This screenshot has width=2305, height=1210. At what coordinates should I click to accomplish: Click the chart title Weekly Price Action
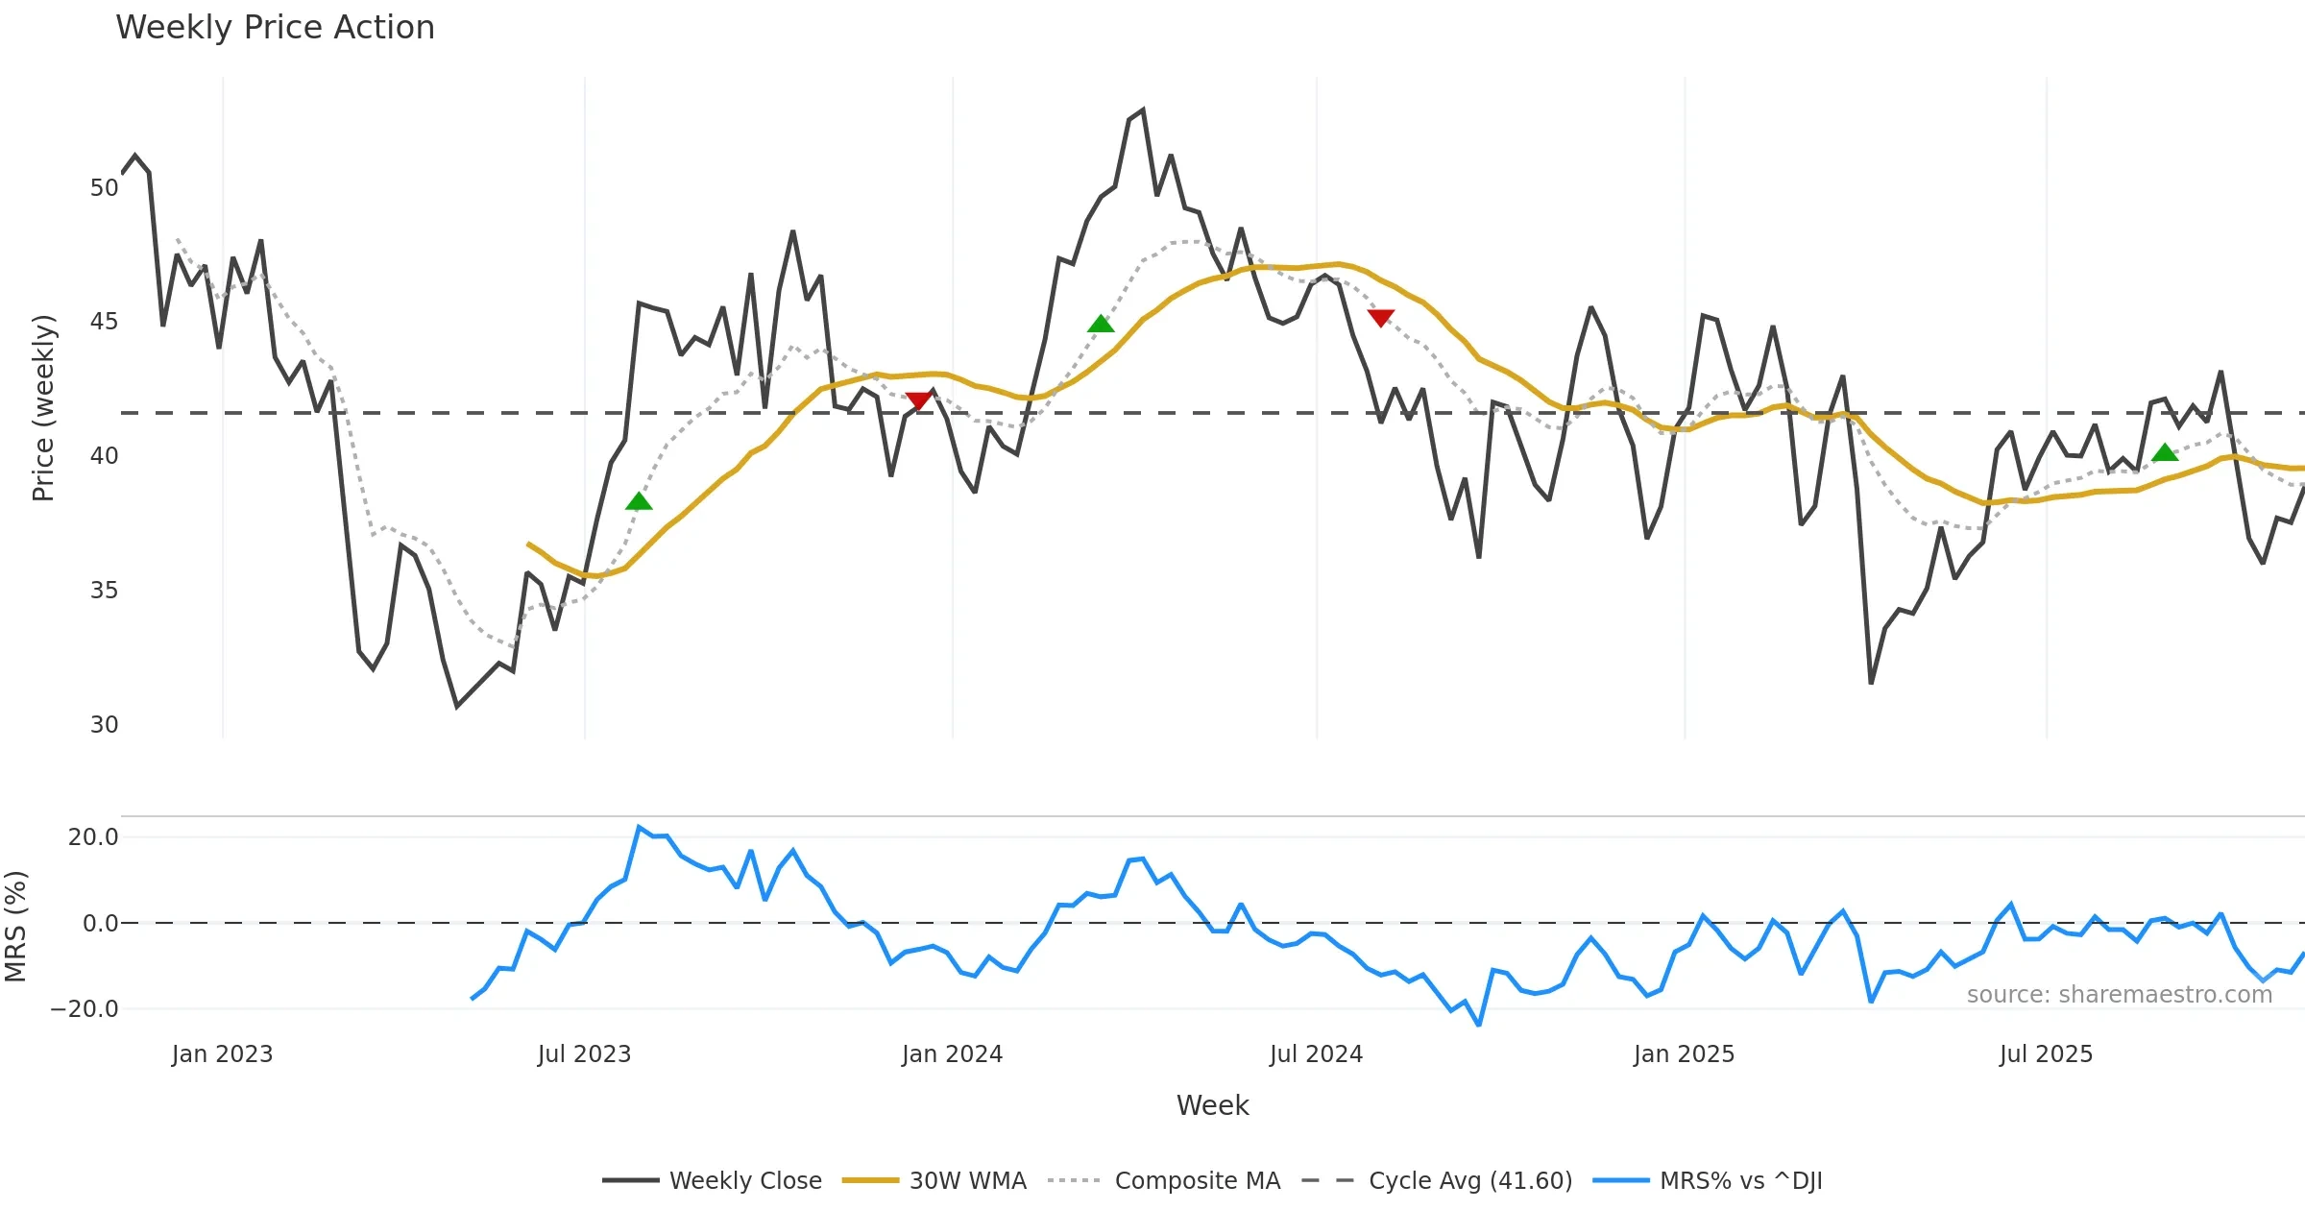[275, 28]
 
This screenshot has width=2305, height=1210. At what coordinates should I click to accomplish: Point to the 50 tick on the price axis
[104, 188]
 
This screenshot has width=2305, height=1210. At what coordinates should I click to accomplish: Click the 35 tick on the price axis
[104, 591]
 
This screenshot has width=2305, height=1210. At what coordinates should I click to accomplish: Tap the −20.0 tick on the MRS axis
[85, 1009]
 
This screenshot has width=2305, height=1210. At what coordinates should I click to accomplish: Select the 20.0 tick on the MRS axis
[92, 837]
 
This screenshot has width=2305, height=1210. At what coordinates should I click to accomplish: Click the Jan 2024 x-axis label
[952, 1054]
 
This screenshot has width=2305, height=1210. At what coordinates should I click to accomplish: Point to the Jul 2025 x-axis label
[2046, 1054]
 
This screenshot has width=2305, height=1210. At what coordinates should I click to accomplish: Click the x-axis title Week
[1212, 1106]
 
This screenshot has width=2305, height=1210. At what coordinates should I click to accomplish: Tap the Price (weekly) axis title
[43, 408]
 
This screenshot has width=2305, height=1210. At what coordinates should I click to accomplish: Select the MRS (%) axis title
[16, 927]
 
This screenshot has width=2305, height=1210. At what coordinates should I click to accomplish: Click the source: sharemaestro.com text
[2119, 995]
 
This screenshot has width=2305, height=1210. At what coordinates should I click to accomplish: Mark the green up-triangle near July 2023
[639, 501]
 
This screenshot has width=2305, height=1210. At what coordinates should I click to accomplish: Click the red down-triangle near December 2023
[918, 400]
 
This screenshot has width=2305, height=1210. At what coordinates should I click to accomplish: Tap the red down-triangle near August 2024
[1380, 318]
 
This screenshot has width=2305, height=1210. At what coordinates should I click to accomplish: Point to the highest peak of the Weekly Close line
[1143, 110]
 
